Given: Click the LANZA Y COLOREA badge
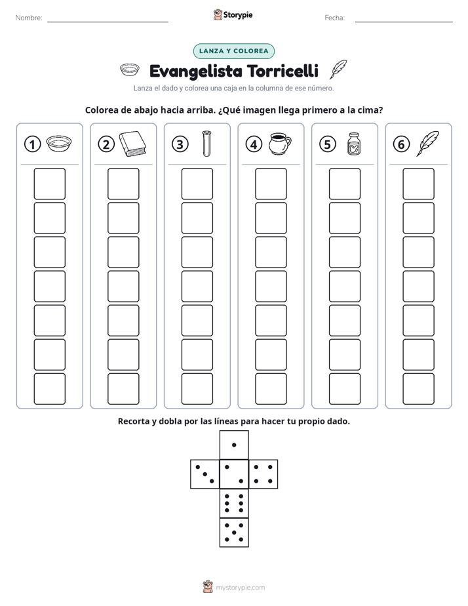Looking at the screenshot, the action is coord(233,51).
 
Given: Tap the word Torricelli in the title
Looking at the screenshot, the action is coord(283,71).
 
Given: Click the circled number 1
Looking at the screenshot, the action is coord(32,144).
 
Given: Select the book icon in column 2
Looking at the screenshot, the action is coord(132,144).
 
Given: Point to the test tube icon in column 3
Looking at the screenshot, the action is coord(207,144).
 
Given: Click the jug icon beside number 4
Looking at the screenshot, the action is coord(281,144).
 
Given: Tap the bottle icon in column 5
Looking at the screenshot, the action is coord(354,144).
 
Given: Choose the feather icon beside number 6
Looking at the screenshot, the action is coord(427,144).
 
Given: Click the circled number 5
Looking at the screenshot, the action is coord(328,144).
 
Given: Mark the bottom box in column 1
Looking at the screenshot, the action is coord(49,389).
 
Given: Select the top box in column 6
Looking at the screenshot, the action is coord(418,184).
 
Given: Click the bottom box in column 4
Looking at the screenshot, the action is coord(271,389).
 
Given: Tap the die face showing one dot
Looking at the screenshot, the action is coord(234,445).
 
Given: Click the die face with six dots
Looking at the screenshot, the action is coord(234,503).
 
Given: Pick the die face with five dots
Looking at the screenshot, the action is coord(234,533).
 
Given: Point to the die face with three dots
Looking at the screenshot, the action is coord(205,474).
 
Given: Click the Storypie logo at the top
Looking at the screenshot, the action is coord(233,15).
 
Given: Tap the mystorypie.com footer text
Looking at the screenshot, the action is coord(240,588).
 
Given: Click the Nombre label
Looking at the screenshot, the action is coord(29,18).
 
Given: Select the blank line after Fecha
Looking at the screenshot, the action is coord(404,22).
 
